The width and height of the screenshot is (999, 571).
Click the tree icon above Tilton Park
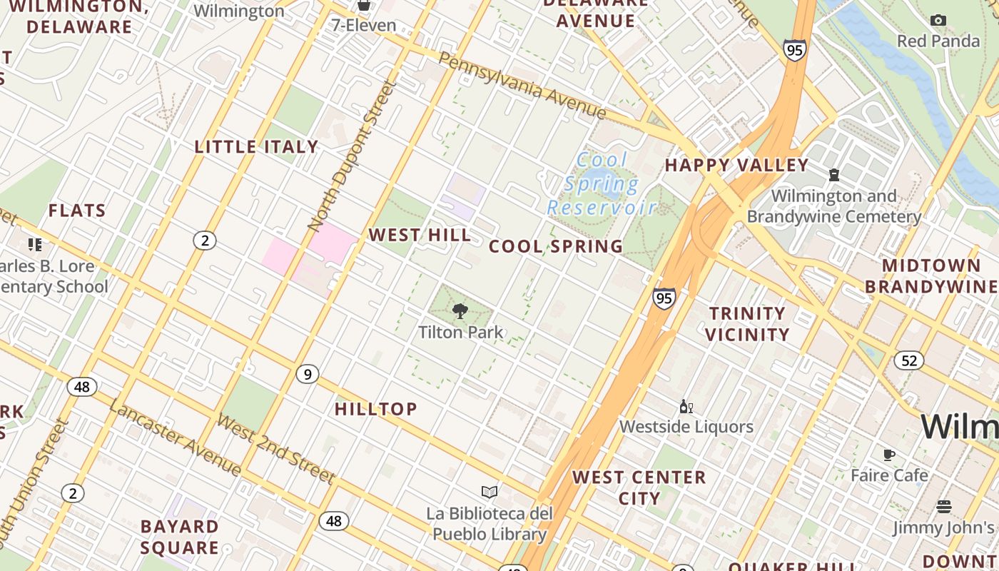click(460, 310)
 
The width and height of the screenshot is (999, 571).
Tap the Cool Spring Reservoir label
click(602, 184)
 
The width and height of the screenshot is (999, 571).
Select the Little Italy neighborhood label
click(256, 147)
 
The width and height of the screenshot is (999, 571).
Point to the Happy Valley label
click(736, 166)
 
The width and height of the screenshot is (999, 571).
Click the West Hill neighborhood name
click(420, 235)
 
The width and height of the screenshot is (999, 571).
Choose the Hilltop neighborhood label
click(376, 409)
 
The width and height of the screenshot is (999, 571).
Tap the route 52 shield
click(908, 360)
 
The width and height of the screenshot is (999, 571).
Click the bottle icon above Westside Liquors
click(686, 407)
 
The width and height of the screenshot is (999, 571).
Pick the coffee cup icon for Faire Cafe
click(889, 455)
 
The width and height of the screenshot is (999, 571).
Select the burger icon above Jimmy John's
click(943, 507)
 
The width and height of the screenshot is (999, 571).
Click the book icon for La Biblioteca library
click(490, 492)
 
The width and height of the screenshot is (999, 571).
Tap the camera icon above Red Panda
click(938, 20)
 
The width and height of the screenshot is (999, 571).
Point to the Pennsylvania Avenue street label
click(522, 86)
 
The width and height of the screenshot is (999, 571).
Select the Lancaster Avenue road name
click(175, 437)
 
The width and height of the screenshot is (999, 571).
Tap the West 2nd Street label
click(275, 448)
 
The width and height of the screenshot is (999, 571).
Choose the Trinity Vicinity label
click(747, 324)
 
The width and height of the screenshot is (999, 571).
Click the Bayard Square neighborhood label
click(179, 537)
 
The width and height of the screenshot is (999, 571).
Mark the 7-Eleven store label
click(363, 26)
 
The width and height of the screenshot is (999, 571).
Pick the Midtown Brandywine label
click(931, 276)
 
